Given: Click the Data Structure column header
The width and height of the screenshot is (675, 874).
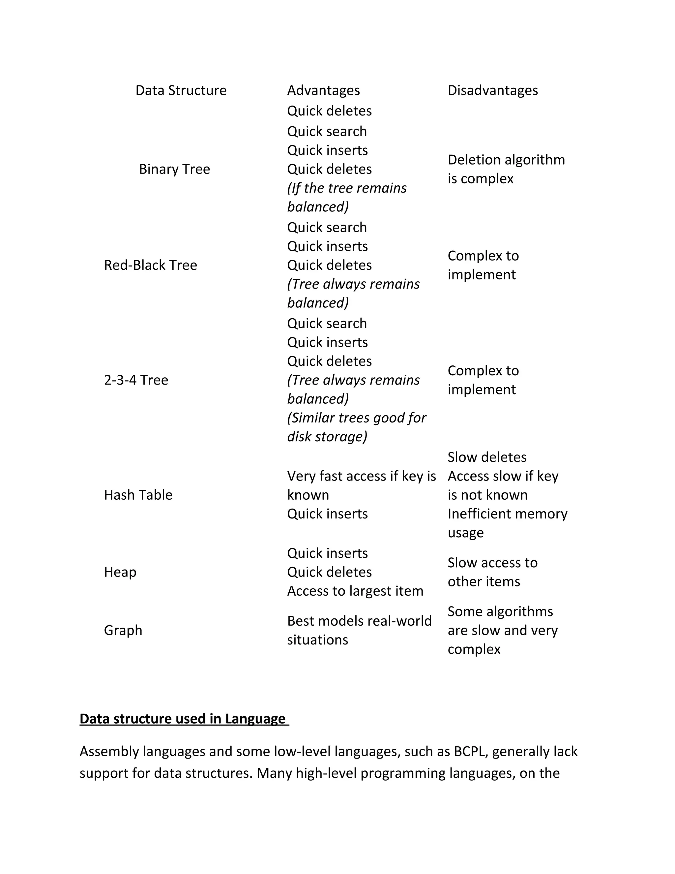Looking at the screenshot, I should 181,90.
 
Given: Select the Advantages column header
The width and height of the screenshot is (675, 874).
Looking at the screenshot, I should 323,90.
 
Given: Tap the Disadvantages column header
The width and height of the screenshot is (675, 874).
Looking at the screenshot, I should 492,90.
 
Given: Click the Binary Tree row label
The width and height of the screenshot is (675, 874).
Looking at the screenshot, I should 174,169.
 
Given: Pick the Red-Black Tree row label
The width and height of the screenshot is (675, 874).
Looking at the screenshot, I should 150,265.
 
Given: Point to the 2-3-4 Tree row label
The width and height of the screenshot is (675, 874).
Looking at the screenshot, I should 136,380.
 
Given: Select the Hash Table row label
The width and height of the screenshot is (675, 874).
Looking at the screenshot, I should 138,495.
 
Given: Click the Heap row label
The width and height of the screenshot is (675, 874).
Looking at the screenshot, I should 120,572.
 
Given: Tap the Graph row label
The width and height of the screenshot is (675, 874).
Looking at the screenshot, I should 123,630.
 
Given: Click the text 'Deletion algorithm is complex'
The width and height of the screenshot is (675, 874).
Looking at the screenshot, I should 506,169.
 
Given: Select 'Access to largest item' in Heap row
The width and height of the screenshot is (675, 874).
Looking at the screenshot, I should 355,591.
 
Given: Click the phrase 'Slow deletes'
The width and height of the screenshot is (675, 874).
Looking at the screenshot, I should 487,457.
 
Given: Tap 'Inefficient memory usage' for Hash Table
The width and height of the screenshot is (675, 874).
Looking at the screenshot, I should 507,523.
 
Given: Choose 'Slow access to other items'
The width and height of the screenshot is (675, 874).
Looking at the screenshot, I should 492,572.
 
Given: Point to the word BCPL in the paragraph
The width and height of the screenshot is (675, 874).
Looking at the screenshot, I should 469,752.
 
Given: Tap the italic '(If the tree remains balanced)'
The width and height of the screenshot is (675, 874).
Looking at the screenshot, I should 346,198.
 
